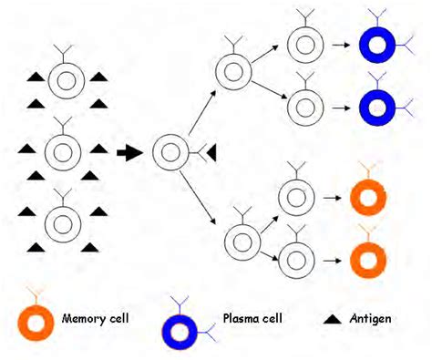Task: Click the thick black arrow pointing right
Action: (131, 152)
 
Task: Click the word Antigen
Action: (375, 320)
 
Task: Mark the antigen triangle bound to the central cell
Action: (211, 153)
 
